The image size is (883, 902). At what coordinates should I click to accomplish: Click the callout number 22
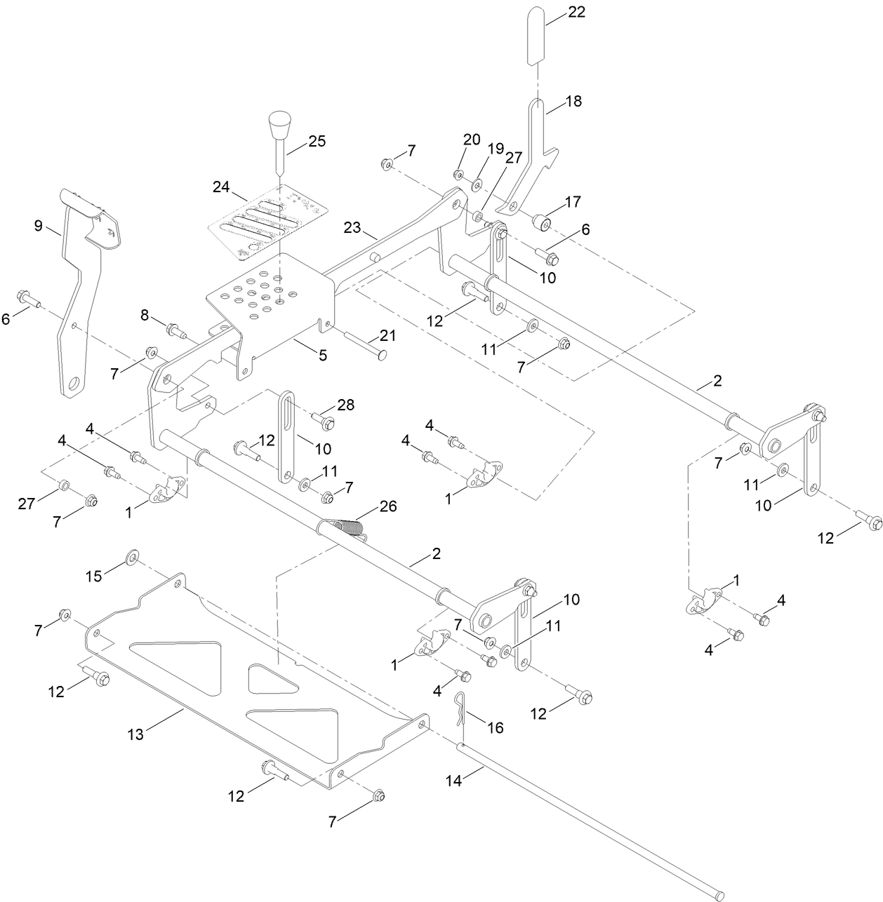click(576, 12)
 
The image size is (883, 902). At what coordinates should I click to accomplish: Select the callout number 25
click(317, 141)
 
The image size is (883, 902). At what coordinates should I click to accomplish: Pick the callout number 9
click(39, 226)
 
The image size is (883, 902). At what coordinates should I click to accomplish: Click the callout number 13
click(135, 734)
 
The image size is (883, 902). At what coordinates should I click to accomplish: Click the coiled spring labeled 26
click(347, 527)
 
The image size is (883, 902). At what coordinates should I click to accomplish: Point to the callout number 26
click(387, 506)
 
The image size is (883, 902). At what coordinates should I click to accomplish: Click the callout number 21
click(388, 336)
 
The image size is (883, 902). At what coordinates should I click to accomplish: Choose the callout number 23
click(352, 227)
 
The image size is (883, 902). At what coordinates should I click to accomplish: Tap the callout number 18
click(573, 101)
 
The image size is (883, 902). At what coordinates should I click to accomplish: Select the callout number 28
click(345, 405)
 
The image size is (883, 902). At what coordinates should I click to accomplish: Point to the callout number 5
click(322, 356)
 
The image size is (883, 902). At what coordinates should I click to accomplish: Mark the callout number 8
click(145, 315)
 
